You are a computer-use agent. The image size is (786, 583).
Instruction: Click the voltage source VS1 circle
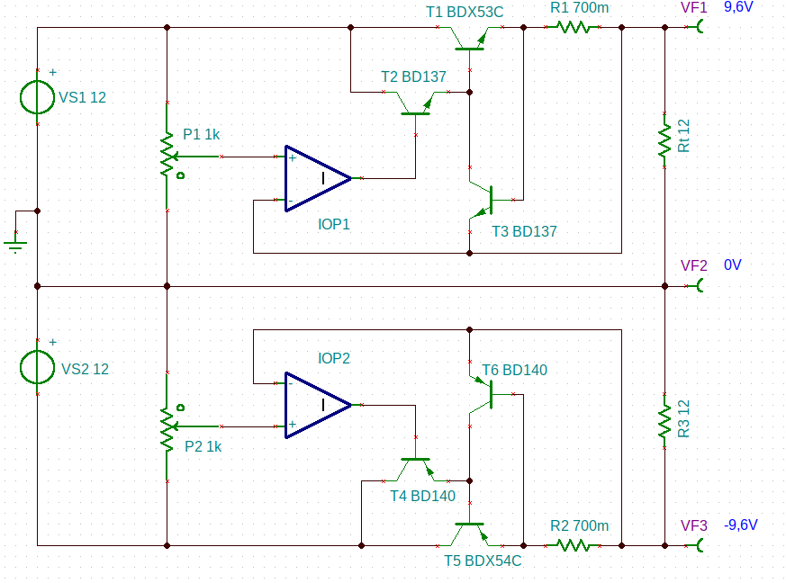(21, 97)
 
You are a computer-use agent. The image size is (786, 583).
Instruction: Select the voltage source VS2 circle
(21, 367)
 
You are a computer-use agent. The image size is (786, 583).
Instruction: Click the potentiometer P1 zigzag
(167, 157)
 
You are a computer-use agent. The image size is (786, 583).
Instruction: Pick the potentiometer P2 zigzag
(167, 426)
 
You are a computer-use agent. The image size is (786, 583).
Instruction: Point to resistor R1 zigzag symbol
(573, 27)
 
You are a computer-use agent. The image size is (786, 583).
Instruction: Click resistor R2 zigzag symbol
(573, 545)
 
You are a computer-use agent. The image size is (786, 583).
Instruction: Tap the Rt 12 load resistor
(664, 140)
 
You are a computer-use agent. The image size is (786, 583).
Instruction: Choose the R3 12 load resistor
(664, 421)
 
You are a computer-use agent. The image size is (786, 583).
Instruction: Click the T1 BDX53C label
(465, 12)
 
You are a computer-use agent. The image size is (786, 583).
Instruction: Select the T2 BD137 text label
(413, 76)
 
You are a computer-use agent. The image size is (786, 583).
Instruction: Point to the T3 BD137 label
(524, 231)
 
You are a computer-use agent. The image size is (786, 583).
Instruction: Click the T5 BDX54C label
(483, 561)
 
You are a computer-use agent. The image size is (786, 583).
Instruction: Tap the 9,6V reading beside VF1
(738, 7)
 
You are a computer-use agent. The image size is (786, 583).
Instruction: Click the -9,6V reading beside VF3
(741, 525)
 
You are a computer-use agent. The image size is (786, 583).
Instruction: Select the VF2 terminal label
(694, 265)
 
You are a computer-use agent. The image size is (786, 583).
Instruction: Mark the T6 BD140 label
(514, 370)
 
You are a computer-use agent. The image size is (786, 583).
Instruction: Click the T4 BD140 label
(422, 496)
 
